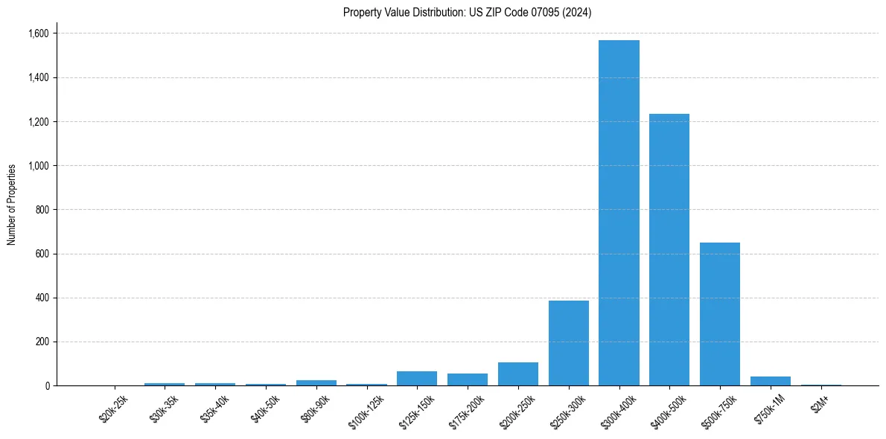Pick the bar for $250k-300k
568,343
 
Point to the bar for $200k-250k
518,374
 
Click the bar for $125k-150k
417,378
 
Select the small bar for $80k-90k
316,382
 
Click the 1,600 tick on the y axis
38,33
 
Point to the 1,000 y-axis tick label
38,166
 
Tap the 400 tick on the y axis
42,298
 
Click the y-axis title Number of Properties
12,205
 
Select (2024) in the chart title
578,13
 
